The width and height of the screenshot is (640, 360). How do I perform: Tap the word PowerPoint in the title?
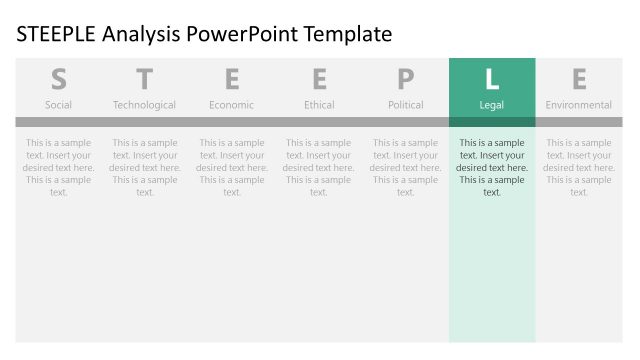(238, 35)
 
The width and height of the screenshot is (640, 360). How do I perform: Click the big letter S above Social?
(59, 79)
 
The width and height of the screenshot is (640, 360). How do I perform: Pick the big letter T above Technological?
(145, 79)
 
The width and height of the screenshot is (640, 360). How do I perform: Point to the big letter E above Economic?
(232, 79)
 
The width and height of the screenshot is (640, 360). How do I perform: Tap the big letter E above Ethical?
(319, 79)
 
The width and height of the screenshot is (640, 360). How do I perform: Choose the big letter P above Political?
(405, 79)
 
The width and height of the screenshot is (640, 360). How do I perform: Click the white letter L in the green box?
(492, 79)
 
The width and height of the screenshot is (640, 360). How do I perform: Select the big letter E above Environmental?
(579, 79)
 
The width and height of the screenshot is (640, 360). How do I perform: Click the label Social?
(59, 105)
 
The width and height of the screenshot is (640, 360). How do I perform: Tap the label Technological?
(145, 105)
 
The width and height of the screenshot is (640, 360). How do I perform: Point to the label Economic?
(232, 105)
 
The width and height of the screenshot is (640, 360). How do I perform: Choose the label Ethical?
(319, 105)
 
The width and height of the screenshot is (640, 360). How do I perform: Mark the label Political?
(405, 105)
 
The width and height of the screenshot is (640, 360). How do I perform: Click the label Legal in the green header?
(492, 105)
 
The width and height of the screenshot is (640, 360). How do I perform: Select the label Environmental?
(579, 105)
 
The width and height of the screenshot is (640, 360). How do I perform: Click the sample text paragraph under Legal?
(492, 167)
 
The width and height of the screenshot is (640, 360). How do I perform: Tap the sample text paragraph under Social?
(59, 167)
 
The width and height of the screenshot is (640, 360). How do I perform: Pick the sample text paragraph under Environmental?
(579, 167)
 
